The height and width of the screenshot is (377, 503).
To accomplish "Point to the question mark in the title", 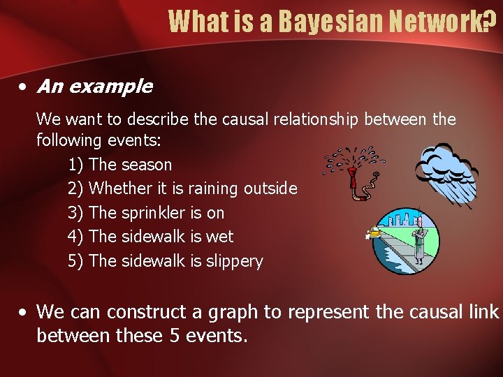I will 491,22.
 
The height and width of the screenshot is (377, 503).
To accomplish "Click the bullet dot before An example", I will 23,87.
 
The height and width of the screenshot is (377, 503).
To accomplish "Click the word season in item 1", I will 146,165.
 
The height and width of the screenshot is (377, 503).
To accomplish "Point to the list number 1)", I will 75,165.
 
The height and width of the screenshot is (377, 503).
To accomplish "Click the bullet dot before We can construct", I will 23,312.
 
